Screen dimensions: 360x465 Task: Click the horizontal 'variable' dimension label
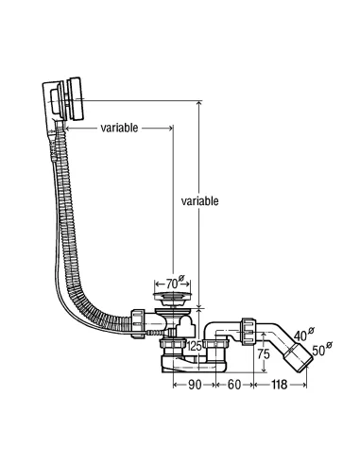(x=119, y=128)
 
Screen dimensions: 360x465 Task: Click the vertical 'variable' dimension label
(x=199, y=200)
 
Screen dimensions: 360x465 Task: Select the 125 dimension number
(x=195, y=346)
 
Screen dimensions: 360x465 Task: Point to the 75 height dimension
(x=264, y=354)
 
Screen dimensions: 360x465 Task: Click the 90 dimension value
(x=195, y=385)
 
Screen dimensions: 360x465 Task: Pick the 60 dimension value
(x=234, y=385)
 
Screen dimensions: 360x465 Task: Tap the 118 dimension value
(x=279, y=385)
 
